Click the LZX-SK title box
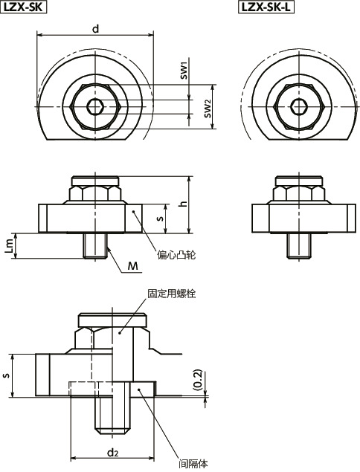[x=25, y=7]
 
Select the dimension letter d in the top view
[x=94, y=28]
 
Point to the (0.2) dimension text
[x=196, y=380]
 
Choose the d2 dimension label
[x=112, y=451]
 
